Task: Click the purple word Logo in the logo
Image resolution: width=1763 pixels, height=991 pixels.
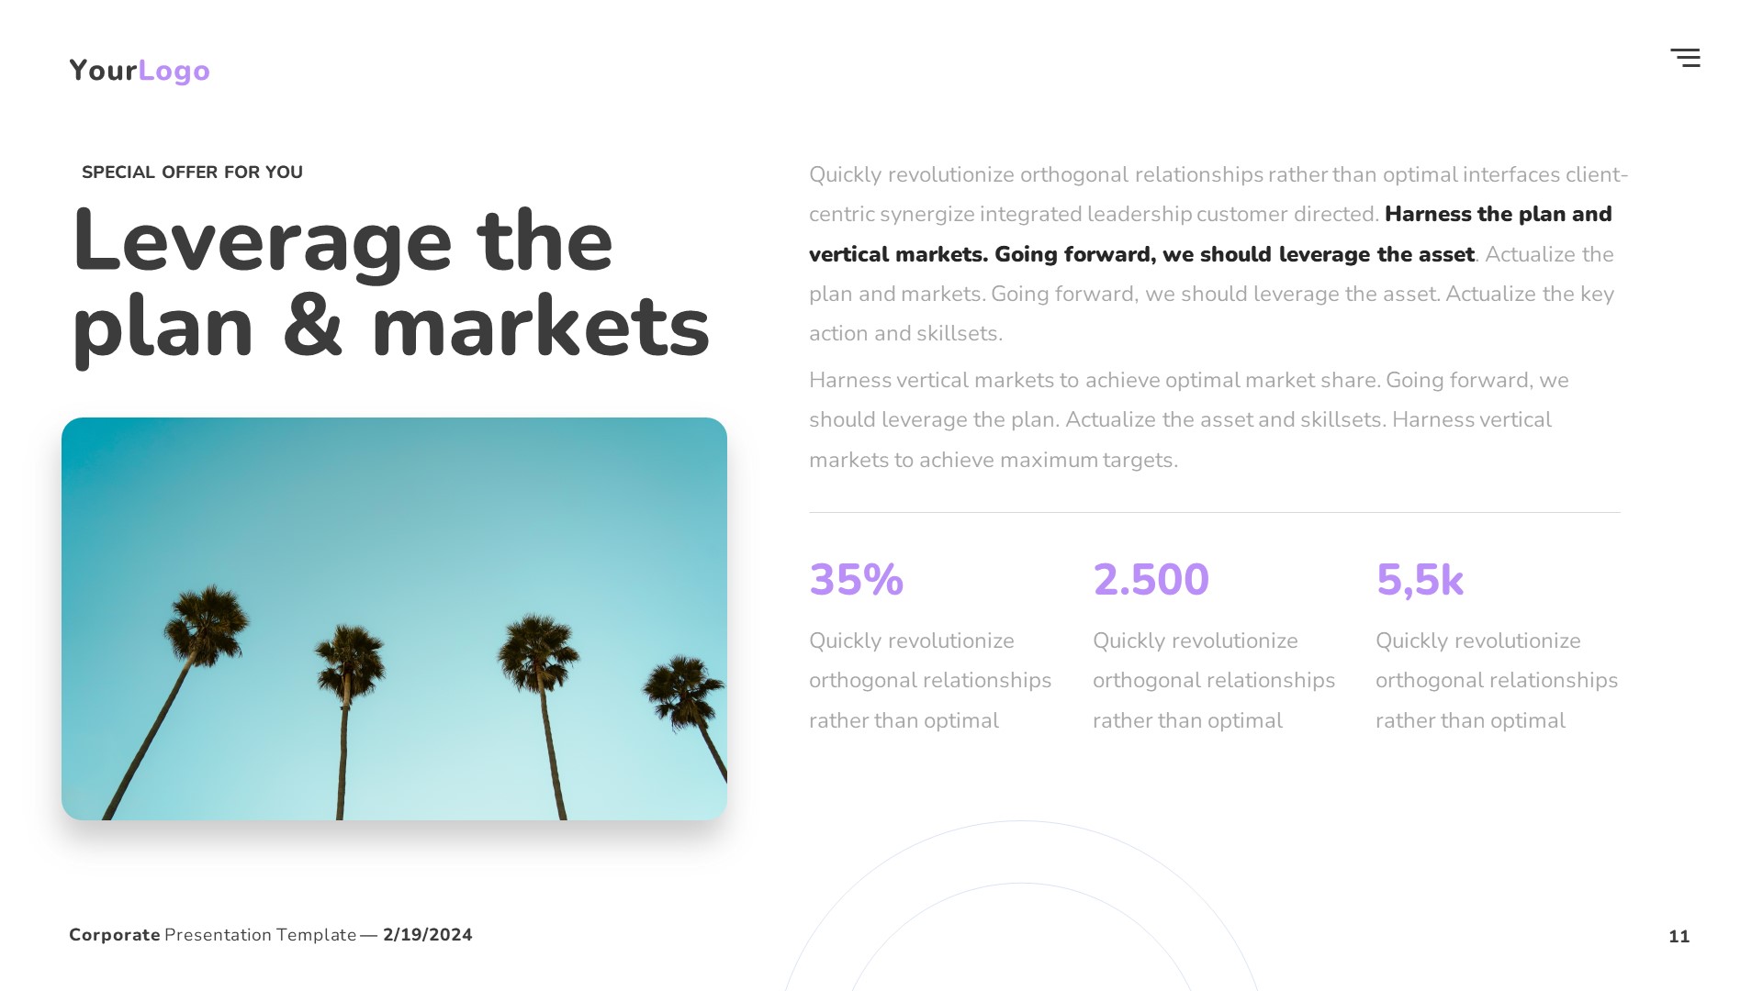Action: [x=174, y=71]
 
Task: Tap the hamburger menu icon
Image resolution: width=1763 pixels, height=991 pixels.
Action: [x=1685, y=58]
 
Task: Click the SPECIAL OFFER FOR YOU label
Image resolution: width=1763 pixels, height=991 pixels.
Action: [x=192, y=173]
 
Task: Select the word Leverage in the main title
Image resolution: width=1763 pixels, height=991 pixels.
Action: [x=262, y=242]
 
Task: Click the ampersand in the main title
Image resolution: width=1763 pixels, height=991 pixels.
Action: [x=312, y=327]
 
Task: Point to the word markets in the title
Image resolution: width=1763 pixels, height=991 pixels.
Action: [x=540, y=327]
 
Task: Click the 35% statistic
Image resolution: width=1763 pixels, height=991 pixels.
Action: [x=856, y=580]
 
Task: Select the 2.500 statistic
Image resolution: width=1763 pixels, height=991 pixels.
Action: [x=1151, y=580]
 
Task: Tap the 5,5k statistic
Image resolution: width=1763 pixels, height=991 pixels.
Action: [x=1419, y=580]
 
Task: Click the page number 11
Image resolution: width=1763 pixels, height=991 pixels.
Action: [x=1679, y=936]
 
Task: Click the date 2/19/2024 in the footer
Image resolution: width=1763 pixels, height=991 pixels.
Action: [x=427, y=935]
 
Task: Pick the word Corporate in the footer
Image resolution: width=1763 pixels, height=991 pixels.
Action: [x=115, y=935]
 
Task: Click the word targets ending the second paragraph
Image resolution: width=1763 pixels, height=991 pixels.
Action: [x=1140, y=460]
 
